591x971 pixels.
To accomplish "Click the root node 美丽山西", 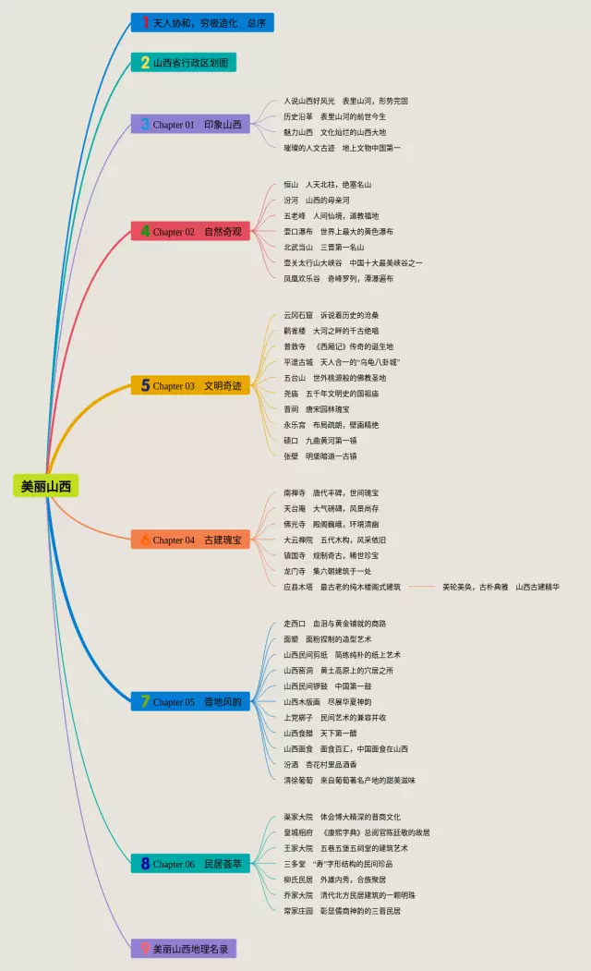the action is (46, 486).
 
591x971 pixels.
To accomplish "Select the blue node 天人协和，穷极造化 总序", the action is (201, 22).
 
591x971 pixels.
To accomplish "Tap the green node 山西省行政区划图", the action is (184, 63).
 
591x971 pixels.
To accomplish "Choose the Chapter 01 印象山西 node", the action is (190, 124).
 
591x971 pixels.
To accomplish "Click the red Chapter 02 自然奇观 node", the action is (190, 231).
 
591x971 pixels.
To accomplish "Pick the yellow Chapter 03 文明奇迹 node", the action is (190, 385).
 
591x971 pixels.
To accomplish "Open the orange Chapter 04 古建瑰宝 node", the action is (190, 539).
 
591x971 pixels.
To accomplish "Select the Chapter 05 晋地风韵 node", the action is (190, 701).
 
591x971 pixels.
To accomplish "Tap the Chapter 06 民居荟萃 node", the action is (190, 863).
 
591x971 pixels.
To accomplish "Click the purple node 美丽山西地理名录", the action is (189, 948).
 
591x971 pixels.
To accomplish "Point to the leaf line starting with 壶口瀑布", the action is (338, 231).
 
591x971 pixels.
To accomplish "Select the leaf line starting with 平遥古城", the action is (341, 362).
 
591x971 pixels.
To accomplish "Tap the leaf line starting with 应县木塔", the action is (342, 587).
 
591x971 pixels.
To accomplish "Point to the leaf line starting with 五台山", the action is (334, 378).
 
